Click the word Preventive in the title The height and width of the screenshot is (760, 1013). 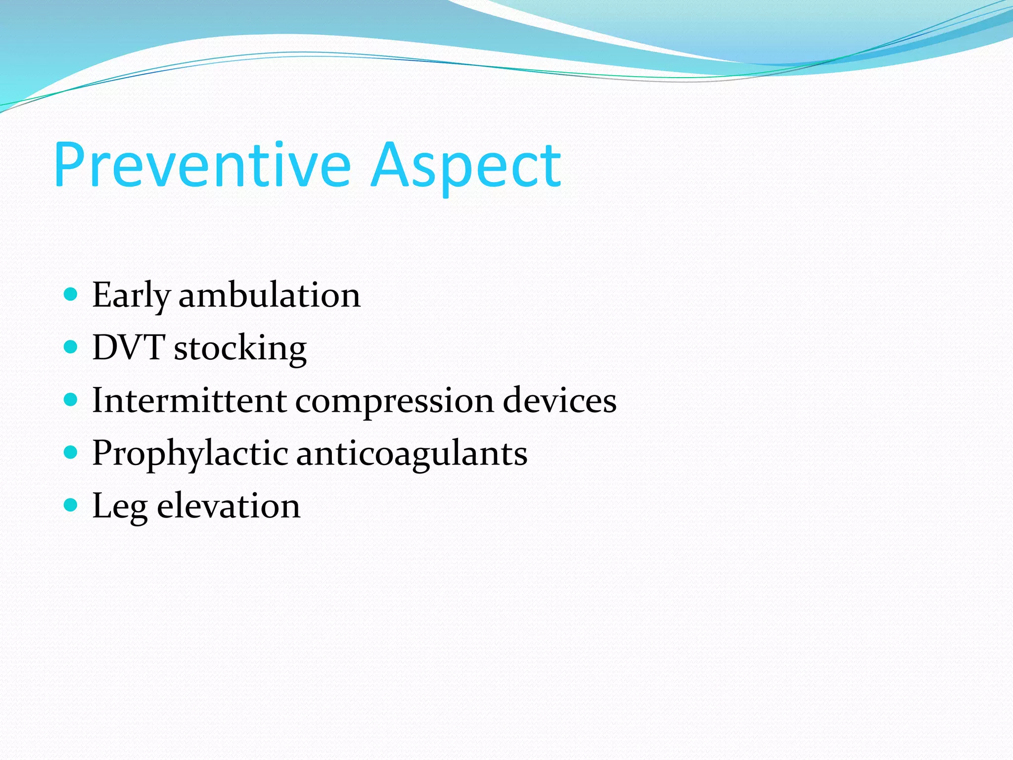(202, 165)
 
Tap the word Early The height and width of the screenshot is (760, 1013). (131, 296)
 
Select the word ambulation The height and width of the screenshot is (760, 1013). (270, 295)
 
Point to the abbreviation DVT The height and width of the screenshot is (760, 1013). (129, 347)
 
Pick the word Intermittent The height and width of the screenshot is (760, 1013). (189, 400)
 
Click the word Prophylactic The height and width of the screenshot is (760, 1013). (190, 454)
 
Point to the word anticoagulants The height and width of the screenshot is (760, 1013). (412, 454)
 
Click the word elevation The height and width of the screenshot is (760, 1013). (229, 506)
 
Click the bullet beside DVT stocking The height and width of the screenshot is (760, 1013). (71, 347)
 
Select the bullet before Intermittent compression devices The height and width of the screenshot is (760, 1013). (71, 400)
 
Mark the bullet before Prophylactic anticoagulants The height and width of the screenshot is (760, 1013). (71, 452)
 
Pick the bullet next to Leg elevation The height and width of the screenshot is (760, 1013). (71, 505)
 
